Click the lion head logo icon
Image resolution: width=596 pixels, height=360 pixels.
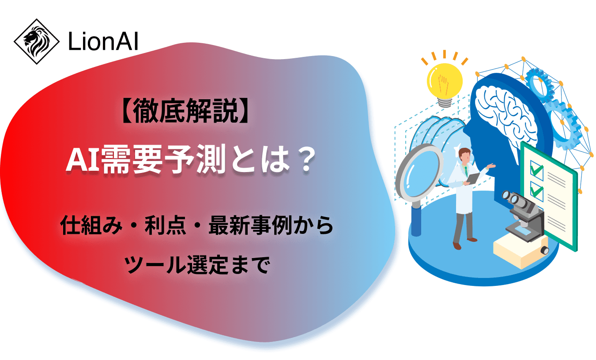point(36,41)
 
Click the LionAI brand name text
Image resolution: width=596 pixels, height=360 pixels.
point(103,42)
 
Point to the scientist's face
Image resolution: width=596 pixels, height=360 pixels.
point(463,155)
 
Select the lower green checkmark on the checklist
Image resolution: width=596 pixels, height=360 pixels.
point(536,191)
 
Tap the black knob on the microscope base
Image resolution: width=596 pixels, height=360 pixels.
point(545,251)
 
